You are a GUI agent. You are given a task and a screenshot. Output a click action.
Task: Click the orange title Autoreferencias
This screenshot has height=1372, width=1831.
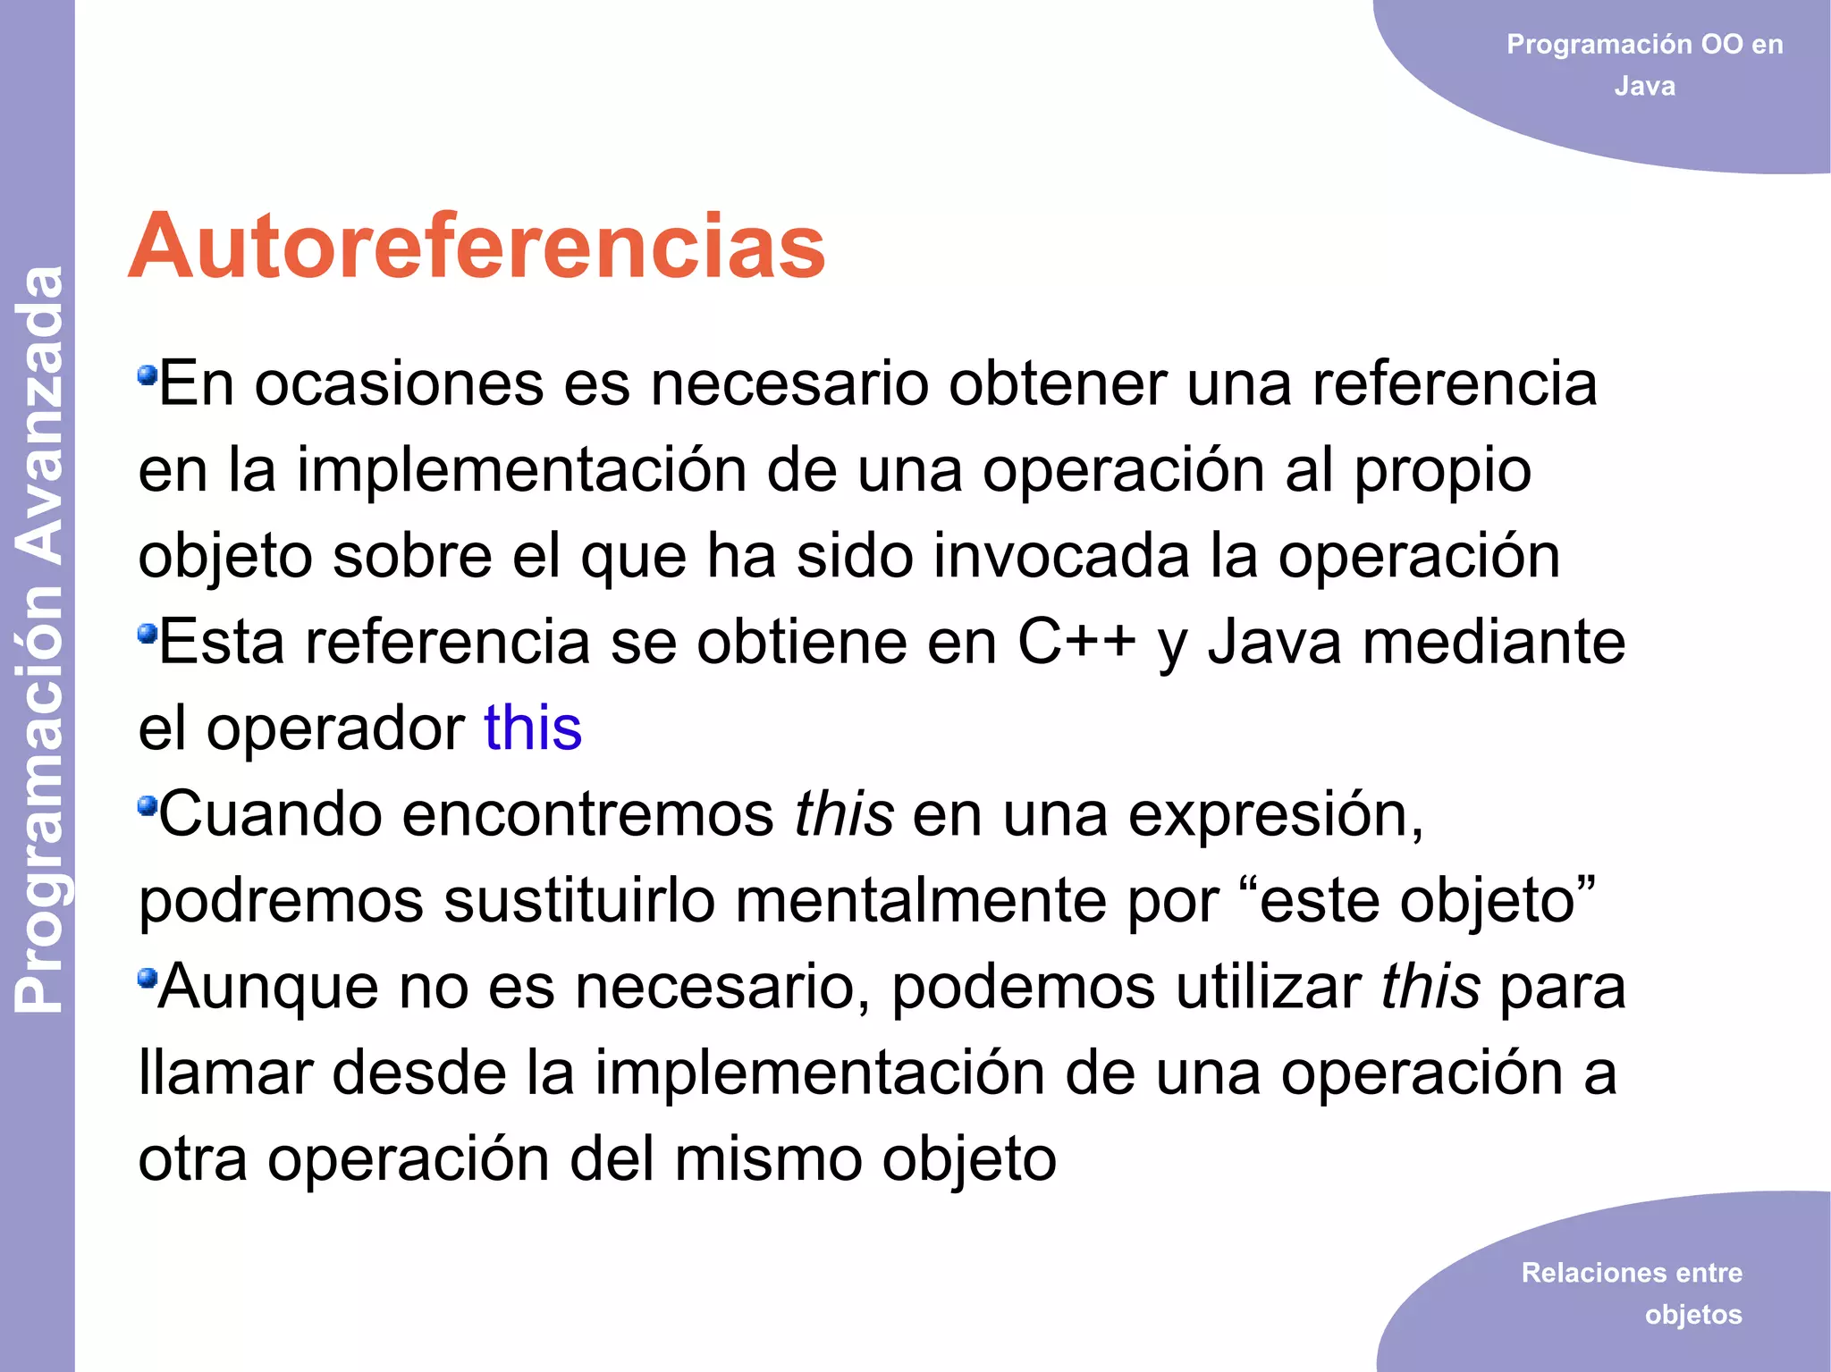(x=477, y=247)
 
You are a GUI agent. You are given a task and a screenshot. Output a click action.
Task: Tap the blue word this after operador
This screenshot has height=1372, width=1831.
(x=533, y=728)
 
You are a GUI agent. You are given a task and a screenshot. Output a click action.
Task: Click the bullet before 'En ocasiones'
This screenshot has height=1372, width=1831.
(x=147, y=375)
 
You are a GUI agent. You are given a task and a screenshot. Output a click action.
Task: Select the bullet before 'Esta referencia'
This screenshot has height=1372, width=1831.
(x=147, y=634)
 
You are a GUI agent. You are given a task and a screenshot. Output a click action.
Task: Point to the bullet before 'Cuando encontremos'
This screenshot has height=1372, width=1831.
(x=147, y=806)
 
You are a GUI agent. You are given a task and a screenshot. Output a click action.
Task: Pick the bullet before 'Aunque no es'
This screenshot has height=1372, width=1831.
(x=147, y=979)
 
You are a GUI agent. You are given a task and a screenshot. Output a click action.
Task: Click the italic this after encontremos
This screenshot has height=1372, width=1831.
(x=844, y=814)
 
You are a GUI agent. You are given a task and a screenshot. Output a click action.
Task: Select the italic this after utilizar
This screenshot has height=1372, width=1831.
(x=1430, y=987)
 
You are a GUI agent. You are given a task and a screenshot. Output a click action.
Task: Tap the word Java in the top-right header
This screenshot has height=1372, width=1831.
(x=1644, y=87)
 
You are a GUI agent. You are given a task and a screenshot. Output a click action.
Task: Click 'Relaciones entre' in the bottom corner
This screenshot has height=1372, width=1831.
(x=1632, y=1272)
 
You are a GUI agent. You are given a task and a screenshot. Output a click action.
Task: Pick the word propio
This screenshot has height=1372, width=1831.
(x=1442, y=471)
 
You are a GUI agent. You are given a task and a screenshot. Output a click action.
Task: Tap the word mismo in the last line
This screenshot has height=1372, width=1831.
(x=768, y=1159)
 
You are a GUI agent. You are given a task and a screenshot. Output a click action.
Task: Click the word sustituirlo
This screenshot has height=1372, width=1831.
(x=579, y=900)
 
